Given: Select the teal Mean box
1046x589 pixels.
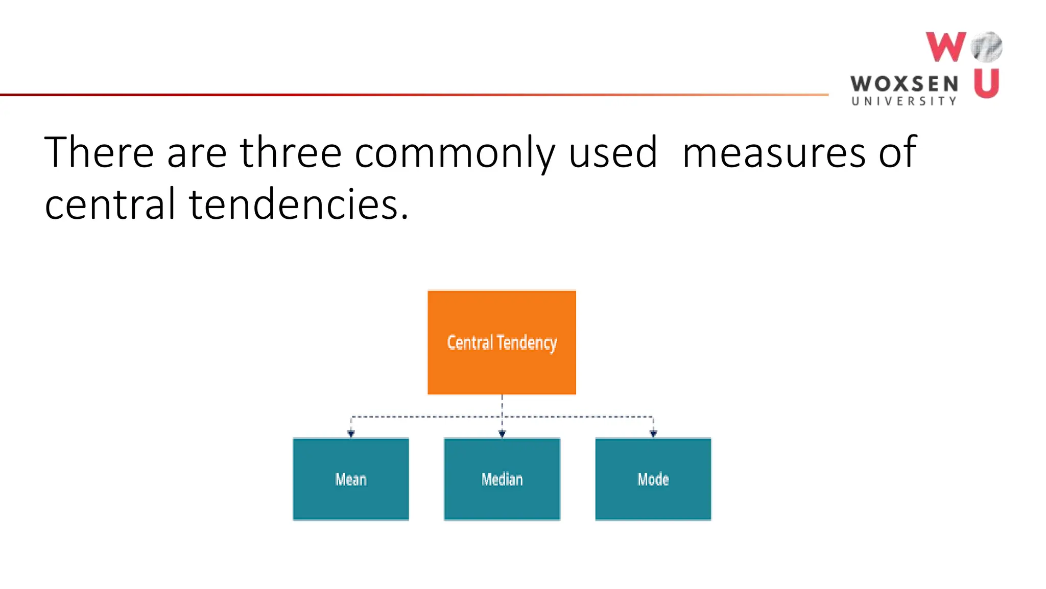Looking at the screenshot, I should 351,479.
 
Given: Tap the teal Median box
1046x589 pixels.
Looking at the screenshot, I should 502,479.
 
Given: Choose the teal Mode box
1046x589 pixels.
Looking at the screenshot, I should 653,479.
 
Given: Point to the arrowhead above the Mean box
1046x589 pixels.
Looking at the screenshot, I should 351,434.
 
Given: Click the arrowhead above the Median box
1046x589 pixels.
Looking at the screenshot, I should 502,434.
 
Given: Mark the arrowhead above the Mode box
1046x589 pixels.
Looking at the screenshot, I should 653,434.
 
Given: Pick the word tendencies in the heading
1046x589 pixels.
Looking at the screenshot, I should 299,204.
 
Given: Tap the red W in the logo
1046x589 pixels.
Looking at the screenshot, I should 945,47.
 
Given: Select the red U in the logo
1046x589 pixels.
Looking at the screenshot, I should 986,83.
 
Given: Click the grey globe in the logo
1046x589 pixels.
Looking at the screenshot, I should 987,47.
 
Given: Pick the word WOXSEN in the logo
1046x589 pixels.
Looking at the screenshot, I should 904,84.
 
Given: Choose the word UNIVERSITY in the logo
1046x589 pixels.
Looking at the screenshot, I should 904,101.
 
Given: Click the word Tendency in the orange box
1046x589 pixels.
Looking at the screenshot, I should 527,343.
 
